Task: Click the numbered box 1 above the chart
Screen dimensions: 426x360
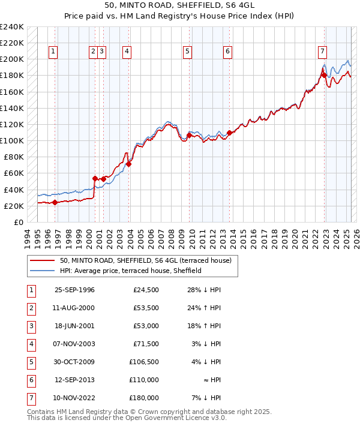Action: click(53, 52)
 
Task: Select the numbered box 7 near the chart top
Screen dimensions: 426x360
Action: click(322, 52)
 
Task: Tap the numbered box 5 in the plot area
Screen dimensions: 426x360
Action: click(188, 52)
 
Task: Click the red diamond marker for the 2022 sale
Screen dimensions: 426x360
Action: click(324, 75)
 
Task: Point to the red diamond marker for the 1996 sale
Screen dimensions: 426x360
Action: click(55, 202)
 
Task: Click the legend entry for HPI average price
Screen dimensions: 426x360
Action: click(130, 271)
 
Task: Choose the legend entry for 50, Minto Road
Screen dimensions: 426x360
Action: click(149, 260)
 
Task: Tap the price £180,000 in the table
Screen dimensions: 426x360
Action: click(144, 398)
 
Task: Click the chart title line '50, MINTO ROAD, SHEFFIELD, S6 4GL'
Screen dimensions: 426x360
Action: click(180, 7)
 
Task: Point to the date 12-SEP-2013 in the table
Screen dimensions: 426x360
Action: click(74, 380)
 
